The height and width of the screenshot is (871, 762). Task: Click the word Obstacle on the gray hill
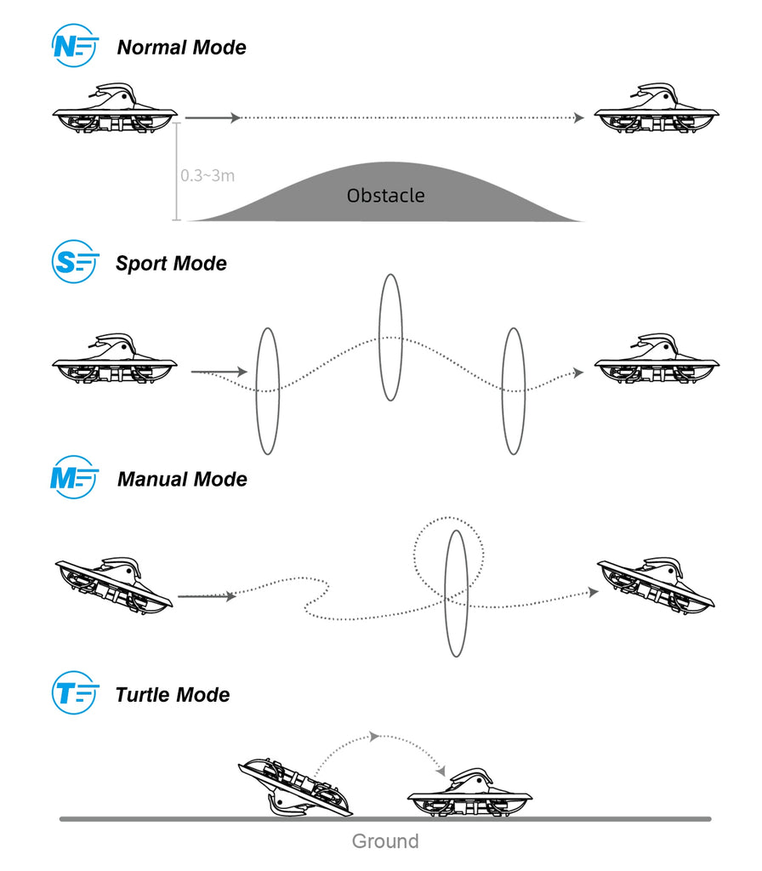(385, 196)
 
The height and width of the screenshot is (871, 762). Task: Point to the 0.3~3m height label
(208, 176)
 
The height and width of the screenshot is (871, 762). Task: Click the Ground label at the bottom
(385, 842)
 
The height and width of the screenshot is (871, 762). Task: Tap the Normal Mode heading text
(181, 48)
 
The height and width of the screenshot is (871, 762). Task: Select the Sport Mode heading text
(171, 263)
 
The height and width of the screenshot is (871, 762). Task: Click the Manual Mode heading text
(182, 479)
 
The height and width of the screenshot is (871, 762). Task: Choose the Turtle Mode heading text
(173, 695)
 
